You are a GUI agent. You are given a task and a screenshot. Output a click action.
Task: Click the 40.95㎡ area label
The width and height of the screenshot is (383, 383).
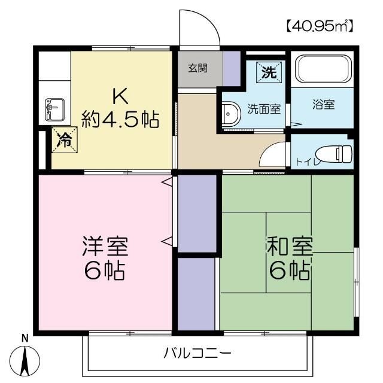[319, 26]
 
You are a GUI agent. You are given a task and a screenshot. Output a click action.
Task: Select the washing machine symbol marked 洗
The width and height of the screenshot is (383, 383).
[269, 72]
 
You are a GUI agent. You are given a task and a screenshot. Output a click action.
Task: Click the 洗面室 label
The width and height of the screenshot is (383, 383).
[264, 109]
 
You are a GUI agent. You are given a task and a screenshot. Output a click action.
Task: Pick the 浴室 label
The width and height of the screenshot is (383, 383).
[323, 104]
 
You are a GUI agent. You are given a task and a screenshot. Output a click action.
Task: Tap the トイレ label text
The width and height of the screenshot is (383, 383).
[306, 161]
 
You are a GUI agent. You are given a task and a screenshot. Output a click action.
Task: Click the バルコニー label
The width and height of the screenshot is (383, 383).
[197, 352]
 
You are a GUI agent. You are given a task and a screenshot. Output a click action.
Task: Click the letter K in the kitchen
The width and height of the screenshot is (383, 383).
[118, 96]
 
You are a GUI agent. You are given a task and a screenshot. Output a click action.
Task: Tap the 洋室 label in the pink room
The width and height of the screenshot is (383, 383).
[105, 246]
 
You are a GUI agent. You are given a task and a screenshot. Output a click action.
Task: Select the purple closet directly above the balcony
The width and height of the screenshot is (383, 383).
[196, 293]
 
